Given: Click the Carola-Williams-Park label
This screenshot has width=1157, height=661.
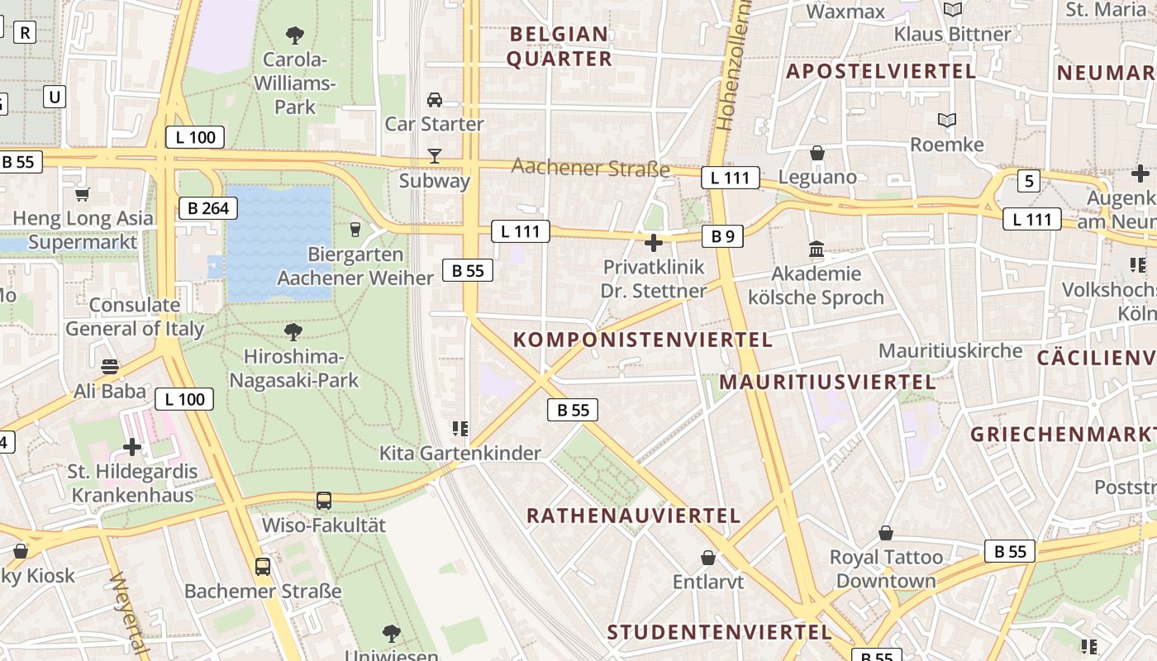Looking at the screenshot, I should click(x=295, y=83).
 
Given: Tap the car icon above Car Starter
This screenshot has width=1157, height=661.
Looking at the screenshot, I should click(x=434, y=100).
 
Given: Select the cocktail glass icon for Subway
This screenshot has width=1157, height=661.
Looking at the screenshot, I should click(x=434, y=155).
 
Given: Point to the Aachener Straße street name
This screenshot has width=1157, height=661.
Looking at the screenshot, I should click(x=590, y=168).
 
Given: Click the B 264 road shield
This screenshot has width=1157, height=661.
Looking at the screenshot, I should click(x=208, y=208).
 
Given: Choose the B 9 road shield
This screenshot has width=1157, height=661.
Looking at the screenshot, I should click(x=722, y=237).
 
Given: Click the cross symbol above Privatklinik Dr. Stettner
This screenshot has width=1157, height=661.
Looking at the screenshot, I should click(x=654, y=243).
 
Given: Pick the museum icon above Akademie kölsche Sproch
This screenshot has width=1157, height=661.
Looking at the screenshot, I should click(x=817, y=250).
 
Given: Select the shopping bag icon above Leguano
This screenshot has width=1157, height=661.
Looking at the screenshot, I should click(x=817, y=153).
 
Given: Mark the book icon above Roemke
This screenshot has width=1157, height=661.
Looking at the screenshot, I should click(x=947, y=121).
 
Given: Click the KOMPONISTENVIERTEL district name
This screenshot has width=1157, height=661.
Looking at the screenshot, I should click(x=643, y=340).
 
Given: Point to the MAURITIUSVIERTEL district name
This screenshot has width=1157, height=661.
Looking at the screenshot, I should click(x=827, y=383).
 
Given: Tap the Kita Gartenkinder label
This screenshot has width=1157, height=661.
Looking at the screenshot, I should click(x=459, y=453).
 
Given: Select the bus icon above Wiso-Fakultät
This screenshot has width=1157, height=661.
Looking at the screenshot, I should click(x=324, y=501).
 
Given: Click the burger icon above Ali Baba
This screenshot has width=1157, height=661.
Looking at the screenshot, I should click(x=110, y=366).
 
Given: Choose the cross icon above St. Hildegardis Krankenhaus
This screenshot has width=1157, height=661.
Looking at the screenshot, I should click(x=132, y=447).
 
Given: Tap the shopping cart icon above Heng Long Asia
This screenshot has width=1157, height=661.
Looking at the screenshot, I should click(x=82, y=195).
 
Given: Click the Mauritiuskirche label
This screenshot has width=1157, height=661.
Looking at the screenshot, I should click(x=950, y=350).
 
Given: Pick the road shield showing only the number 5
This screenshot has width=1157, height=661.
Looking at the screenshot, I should click(x=1028, y=181).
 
